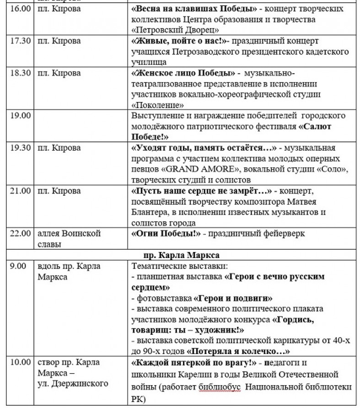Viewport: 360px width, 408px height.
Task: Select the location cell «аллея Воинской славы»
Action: tap(69, 239)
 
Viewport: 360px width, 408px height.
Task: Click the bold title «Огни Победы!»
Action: tap(167, 234)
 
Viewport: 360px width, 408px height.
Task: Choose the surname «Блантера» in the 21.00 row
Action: tap(150, 213)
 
